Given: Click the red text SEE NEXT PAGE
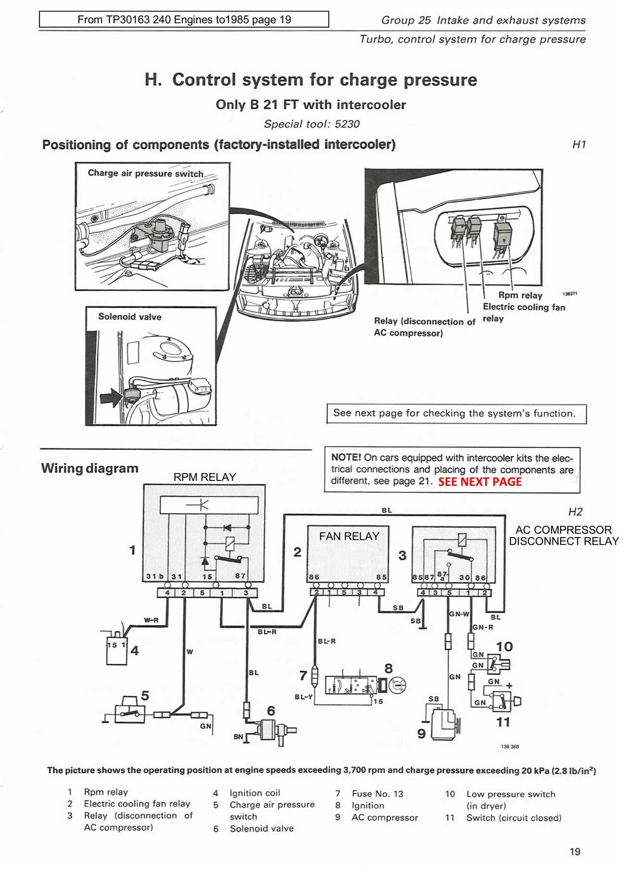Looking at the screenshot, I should (x=479, y=482).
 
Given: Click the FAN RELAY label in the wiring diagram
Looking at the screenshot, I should (x=349, y=536).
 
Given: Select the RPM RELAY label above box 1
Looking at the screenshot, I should (x=204, y=477).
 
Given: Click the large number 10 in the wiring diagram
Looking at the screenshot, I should (x=504, y=646).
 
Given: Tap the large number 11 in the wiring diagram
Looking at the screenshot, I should (x=503, y=722).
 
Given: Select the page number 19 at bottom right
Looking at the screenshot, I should (x=575, y=852).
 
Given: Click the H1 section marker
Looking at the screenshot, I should (x=579, y=144).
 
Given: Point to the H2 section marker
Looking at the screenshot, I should (x=575, y=512).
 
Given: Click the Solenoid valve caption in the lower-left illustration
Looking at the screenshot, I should (x=130, y=317).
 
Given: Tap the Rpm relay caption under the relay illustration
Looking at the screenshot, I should (x=520, y=295).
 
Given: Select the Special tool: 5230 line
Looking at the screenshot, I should (x=312, y=124).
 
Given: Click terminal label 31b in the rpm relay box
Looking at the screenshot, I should (x=155, y=576).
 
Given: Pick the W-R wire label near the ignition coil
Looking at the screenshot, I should (x=151, y=620).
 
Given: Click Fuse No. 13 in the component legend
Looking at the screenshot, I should (x=377, y=794).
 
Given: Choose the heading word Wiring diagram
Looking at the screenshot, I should (x=90, y=468).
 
